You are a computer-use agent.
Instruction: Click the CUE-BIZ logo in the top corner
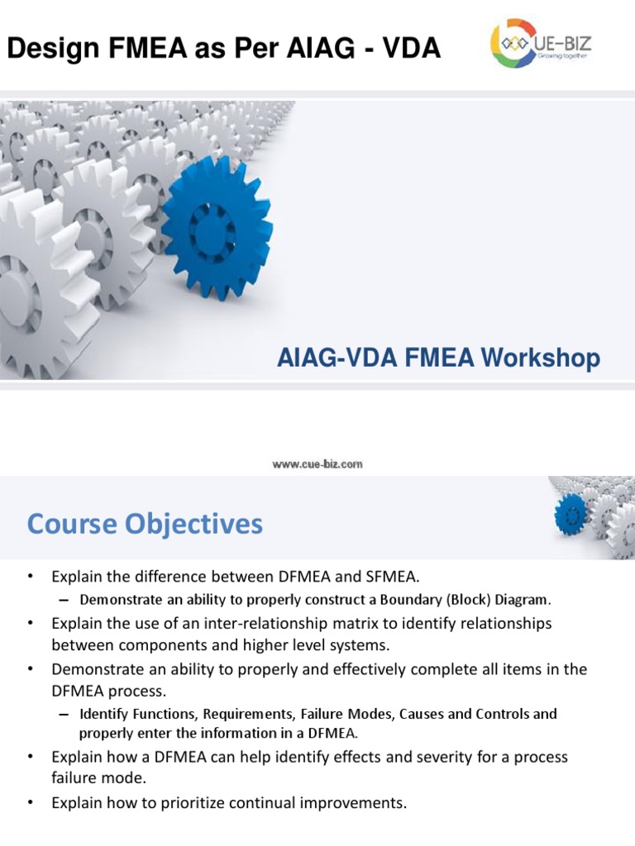(x=542, y=43)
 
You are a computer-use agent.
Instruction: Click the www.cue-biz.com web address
(x=317, y=464)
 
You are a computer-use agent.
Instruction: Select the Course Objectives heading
(x=145, y=524)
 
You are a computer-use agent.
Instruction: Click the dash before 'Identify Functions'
(x=66, y=714)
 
